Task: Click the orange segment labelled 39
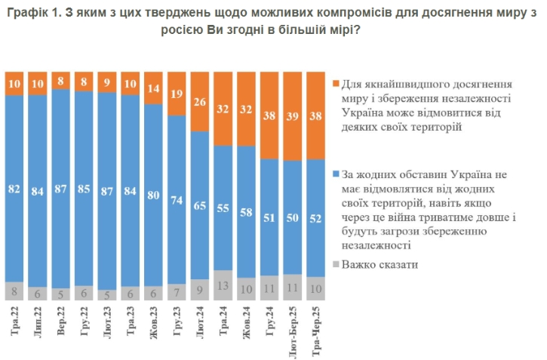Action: pyautogui.click(x=293, y=115)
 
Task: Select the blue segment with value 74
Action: pyautogui.click(x=177, y=199)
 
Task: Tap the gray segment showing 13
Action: pyautogui.click(x=223, y=285)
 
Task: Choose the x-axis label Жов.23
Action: pyautogui.click(x=154, y=324)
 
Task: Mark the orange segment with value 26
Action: pyautogui.click(x=201, y=100)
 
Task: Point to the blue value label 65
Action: pyautogui.click(x=201, y=205)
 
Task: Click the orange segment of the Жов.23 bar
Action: pyautogui.click(x=154, y=87)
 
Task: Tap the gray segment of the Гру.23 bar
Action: pyautogui.click(x=177, y=291)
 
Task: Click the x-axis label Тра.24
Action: pyautogui.click(x=223, y=324)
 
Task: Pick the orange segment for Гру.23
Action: pyautogui.click(x=177, y=93)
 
